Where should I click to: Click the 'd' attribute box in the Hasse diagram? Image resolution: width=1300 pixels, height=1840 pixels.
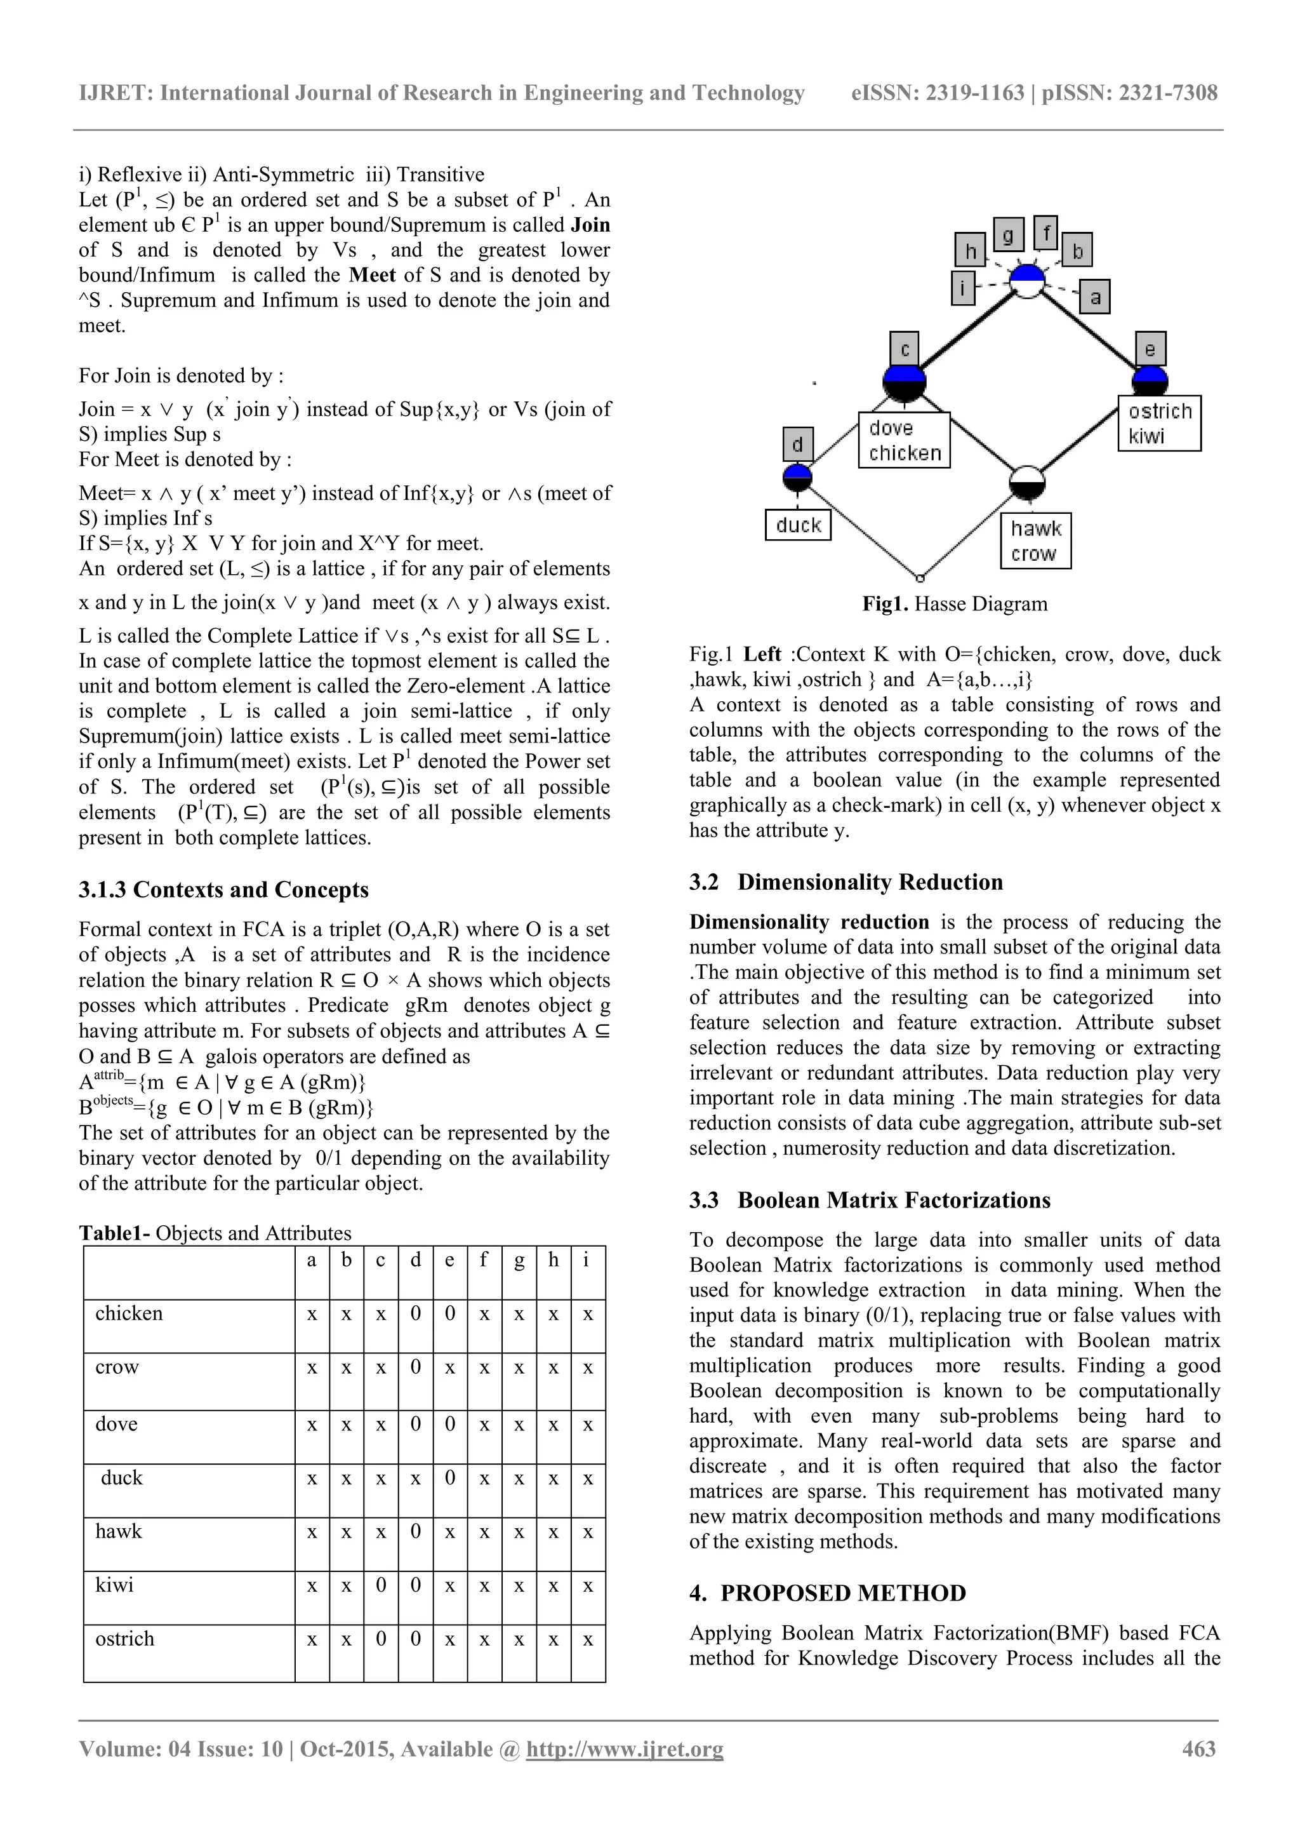[798, 444]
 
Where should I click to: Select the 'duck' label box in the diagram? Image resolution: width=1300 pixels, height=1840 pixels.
[798, 525]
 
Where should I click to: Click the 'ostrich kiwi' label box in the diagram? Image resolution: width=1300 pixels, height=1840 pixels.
[1159, 423]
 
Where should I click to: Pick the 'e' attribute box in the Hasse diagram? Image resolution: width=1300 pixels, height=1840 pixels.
[1150, 349]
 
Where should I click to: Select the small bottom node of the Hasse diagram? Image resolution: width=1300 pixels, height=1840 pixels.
[920, 577]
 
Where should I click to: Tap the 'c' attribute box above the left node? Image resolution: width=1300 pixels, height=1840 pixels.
[905, 349]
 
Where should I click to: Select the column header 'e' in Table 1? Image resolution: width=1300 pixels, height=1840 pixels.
[449, 1259]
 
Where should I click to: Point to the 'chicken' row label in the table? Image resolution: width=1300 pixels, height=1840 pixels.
[129, 1313]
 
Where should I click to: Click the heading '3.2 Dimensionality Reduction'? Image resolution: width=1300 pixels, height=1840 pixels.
[846, 882]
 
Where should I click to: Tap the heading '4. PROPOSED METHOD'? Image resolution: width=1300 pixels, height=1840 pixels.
[828, 1592]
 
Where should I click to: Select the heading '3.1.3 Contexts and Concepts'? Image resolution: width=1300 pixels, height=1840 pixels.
[223, 890]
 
